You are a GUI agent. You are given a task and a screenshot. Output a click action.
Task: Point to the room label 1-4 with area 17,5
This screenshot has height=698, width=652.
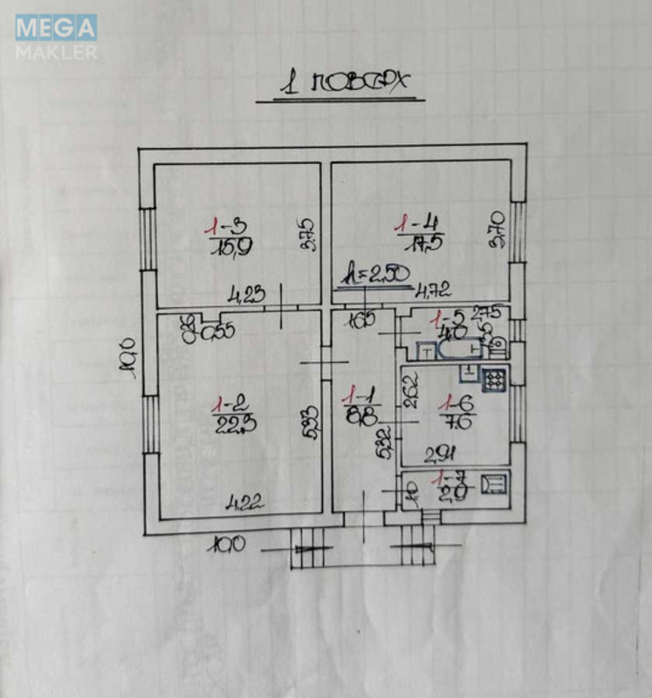[x=415, y=233]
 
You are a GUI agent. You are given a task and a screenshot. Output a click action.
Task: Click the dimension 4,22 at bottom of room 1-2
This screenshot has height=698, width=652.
[x=245, y=502]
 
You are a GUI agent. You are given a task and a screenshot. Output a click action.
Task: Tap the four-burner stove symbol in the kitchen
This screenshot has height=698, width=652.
[x=494, y=380]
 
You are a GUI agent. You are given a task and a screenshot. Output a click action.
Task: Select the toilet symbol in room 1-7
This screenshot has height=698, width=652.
[x=492, y=482]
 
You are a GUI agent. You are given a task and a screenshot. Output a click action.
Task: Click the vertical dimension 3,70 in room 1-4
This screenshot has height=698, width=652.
[x=495, y=229]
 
